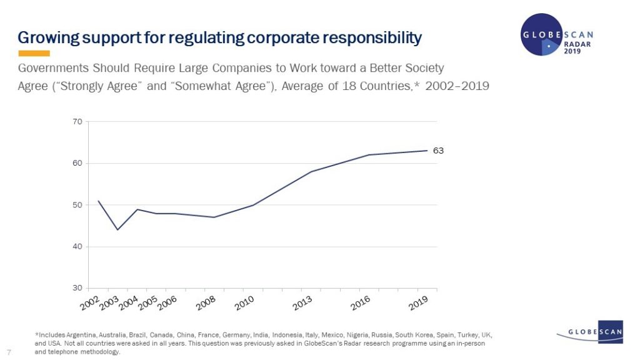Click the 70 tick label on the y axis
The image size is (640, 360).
point(77,122)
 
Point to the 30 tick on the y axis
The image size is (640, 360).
point(77,288)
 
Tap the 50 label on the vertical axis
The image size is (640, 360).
point(77,205)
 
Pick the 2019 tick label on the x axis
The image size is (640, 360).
point(417,304)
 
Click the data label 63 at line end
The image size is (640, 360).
point(438,151)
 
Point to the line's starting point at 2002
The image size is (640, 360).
point(99,201)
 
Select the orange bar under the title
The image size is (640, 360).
point(34,54)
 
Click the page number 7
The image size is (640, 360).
point(8,351)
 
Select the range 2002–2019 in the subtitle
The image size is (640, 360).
point(457,86)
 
